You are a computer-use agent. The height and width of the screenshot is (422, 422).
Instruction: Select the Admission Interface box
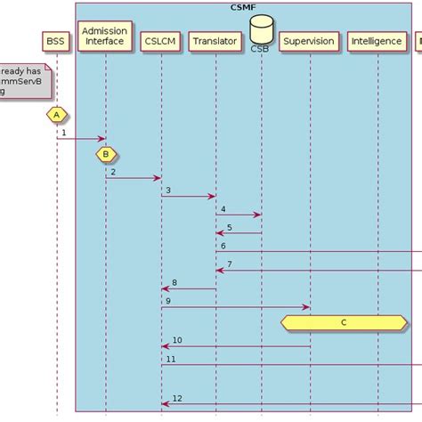pyautogui.click(x=105, y=36)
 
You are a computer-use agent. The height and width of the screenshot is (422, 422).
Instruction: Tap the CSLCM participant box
pyautogui.click(x=160, y=41)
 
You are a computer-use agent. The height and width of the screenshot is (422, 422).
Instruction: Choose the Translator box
pyautogui.click(x=215, y=41)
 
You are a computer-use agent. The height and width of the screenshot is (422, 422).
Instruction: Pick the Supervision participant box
pyautogui.click(x=308, y=41)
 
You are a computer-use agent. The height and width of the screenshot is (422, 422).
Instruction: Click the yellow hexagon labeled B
pyautogui.click(x=105, y=153)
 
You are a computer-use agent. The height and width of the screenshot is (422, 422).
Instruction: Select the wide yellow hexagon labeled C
pyautogui.click(x=344, y=323)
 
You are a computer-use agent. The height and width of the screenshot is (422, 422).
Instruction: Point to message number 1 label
pyautogui.click(x=64, y=132)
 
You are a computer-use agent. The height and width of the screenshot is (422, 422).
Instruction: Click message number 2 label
pyautogui.click(x=113, y=171)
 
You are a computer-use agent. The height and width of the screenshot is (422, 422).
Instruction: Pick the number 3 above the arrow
pyautogui.click(x=167, y=190)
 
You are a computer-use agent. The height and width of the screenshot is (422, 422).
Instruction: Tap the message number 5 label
pyautogui.click(x=229, y=227)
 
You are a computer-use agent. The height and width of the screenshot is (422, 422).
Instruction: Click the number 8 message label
pyautogui.click(x=174, y=282)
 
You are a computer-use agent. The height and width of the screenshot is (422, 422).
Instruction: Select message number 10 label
pyautogui.click(x=177, y=340)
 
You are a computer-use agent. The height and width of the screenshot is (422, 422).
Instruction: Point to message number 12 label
pyautogui.click(x=177, y=398)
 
